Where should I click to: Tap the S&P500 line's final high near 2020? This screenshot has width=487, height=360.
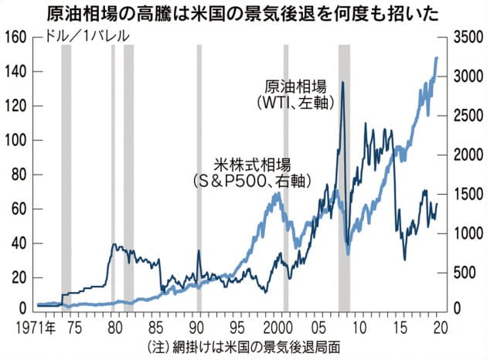coord(437,58)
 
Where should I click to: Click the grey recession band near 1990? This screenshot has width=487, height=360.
coord(199,178)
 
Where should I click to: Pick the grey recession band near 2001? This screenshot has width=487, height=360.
coord(286,178)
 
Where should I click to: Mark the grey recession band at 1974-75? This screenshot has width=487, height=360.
coord(66,178)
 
